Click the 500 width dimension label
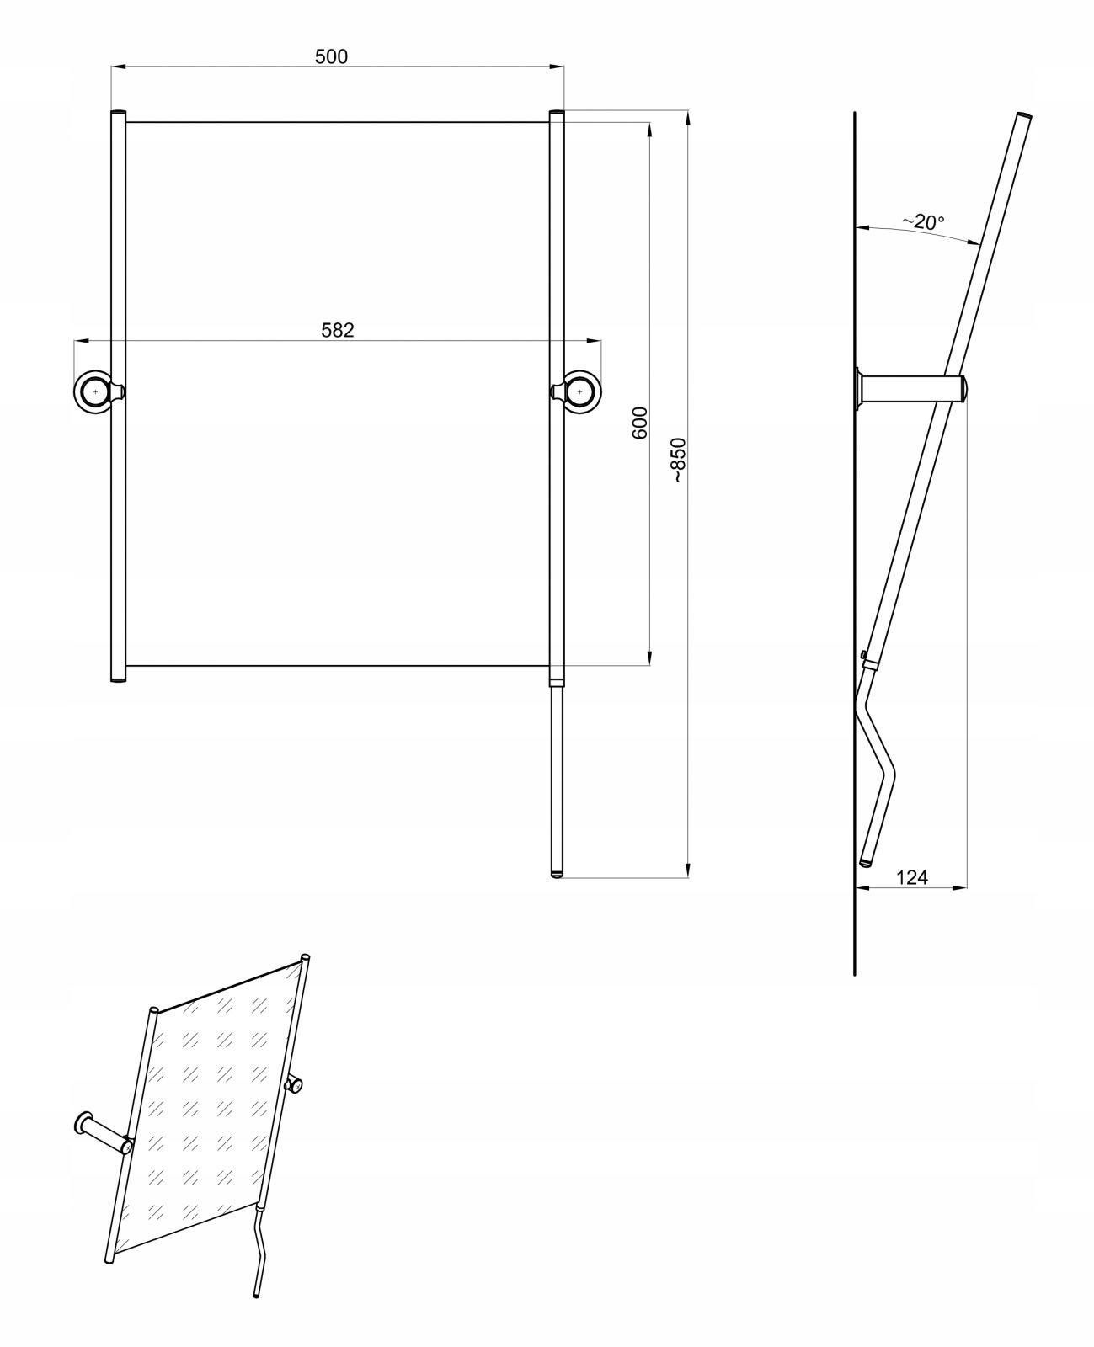(331, 56)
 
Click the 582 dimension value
(338, 330)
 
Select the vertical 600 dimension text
(639, 422)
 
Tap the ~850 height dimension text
(679, 460)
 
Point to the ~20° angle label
(923, 222)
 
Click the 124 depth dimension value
(911, 877)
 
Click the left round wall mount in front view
(93, 391)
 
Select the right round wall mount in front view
(581, 391)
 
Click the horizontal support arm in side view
(910, 390)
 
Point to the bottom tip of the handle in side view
(865, 863)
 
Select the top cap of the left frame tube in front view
(118, 113)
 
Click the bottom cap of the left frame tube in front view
(118, 679)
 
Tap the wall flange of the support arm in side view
(858, 390)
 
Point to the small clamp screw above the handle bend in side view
(864, 654)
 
